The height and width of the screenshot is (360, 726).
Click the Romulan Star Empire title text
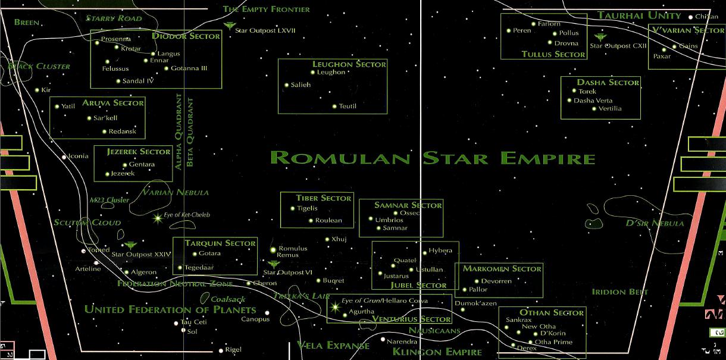pyautogui.click(x=433, y=158)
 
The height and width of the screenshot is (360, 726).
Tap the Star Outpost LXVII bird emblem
pyautogui.click(x=230, y=25)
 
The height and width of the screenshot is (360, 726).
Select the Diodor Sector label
pyautogui.click(x=186, y=36)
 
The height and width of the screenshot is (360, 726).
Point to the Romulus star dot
pyautogui.click(x=273, y=249)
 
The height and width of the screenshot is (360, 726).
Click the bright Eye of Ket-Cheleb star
pyautogui.click(x=158, y=218)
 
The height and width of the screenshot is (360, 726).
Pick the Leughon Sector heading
pyautogui.click(x=349, y=64)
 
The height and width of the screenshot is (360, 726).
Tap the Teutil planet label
pyautogui.click(x=348, y=107)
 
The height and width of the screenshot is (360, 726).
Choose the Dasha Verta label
pyautogui.click(x=593, y=101)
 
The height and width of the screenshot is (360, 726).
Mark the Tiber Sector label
pyautogui.click(x=324, y=198)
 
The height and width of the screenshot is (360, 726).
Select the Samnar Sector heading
pyautogui.click(x=408, y=205)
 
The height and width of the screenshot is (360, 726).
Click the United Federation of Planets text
pyautogui.click(x=170, y=309)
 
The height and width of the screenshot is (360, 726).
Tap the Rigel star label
pyautogui.click(x=233, y=350)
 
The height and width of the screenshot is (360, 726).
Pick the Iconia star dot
pyautogui.click(x=64, y=157)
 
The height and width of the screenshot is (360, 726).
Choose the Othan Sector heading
pyautogui.click(x=552, y=312)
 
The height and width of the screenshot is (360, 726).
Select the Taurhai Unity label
pyautogui.click(x=639, y=15)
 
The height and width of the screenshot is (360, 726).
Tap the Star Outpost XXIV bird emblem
pyautogui.click(x=130, y=245)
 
